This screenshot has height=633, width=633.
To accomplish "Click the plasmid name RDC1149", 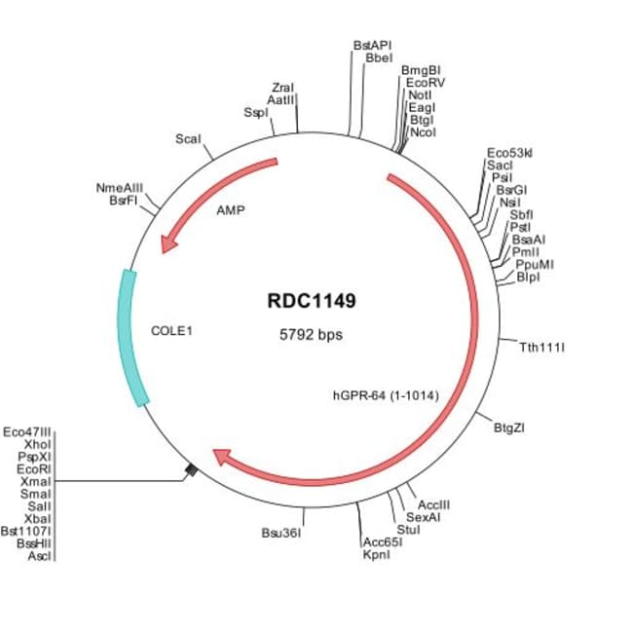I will point(312,301).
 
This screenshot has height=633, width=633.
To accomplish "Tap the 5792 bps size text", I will point(312,334).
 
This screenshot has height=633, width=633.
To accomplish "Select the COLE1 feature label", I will point(172,330).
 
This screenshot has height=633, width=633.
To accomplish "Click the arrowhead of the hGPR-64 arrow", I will point(223,456).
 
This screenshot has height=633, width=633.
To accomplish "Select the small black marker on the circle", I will point(192,471).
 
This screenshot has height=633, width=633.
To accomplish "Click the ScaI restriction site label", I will point(188,139).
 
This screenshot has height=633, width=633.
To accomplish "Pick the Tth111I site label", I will point(542,347).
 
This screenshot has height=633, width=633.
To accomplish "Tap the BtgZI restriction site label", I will point(511,426).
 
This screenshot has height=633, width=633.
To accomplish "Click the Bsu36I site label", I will point(280,533).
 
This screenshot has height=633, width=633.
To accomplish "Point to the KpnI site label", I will point(376,554).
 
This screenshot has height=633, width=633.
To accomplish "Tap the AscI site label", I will point(39,556).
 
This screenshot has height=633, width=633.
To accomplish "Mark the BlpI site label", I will point(530,278).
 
